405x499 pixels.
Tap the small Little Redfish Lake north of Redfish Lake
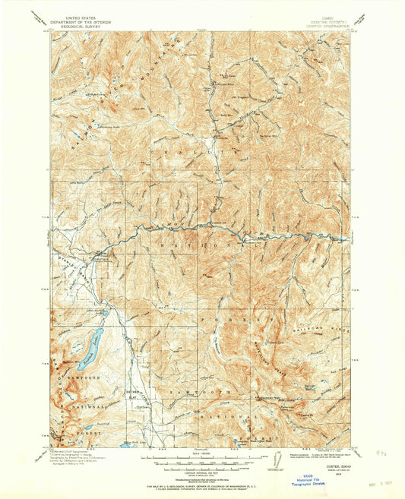coord(107,312)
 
